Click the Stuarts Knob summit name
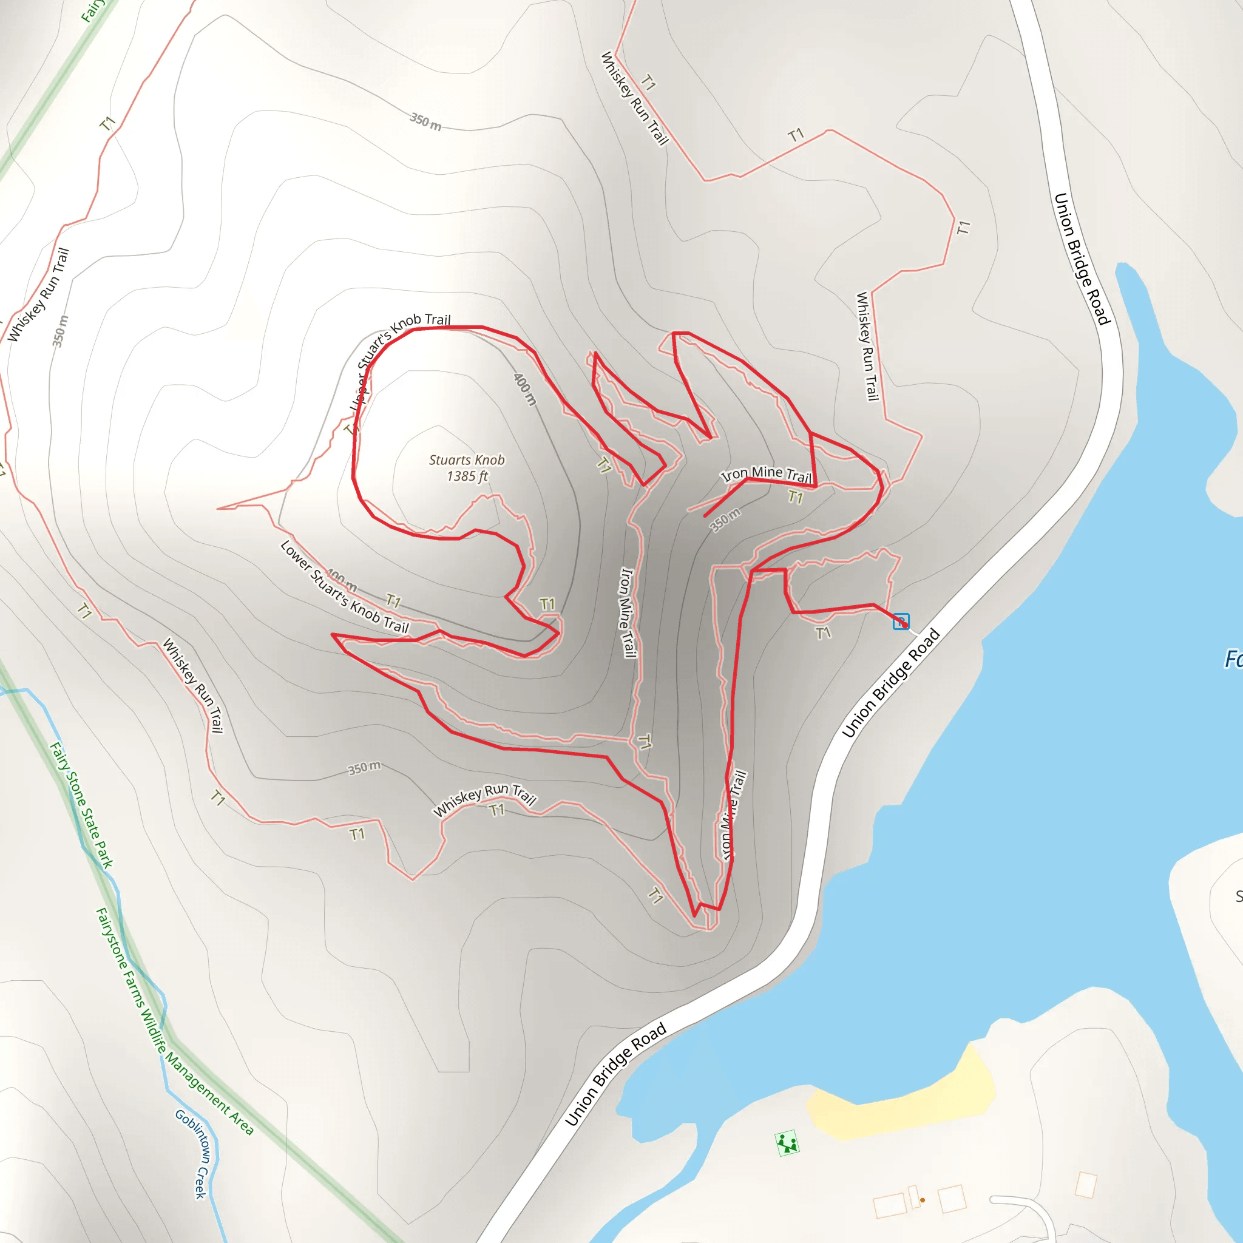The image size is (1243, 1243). coord(467,460)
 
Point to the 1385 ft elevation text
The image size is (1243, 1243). coord(467,476)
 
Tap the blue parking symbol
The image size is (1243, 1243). coord(901,621)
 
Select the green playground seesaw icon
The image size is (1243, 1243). coord(787,1143)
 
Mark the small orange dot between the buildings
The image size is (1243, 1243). coord(923,1200)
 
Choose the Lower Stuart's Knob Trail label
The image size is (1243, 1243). coord(345,587)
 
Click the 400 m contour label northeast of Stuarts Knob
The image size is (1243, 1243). coord(524,388)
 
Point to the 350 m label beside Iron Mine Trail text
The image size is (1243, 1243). coord(725,519)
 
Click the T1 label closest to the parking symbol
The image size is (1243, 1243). coord(823,634)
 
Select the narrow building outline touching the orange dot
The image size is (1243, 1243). coord(913,1196)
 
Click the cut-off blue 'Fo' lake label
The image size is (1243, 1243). coord(1233,659)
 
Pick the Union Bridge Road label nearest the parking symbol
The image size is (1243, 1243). coord(891,683)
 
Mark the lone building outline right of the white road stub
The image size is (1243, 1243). coord(1085,1185)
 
